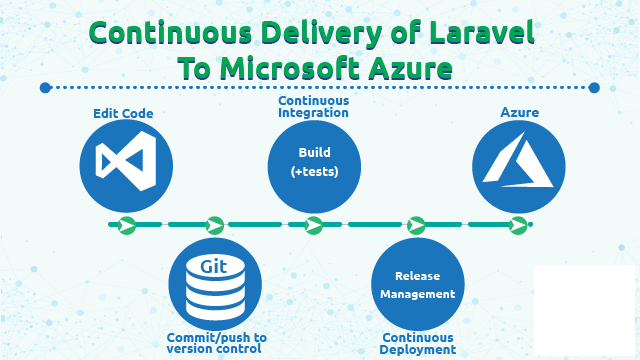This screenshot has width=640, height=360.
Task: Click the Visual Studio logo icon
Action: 126,163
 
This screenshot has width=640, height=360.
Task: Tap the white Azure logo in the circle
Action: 518,165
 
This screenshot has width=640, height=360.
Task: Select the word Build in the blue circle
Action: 314,153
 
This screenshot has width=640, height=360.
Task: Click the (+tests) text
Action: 314,172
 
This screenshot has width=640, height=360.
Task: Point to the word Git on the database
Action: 214,266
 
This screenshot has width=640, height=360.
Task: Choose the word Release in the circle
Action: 417,275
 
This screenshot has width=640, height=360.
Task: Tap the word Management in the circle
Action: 417,294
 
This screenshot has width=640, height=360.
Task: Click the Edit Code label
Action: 123,114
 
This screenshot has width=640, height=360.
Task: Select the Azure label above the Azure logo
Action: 519,113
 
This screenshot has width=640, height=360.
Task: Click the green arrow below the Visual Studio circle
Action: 126,225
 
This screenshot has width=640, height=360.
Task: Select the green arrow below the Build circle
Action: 313,225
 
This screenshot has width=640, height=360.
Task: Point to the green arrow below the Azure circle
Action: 518,225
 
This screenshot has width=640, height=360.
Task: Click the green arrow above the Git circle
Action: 214,225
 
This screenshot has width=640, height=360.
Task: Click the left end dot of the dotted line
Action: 45,88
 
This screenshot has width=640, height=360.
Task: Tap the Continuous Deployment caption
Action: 418,344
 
